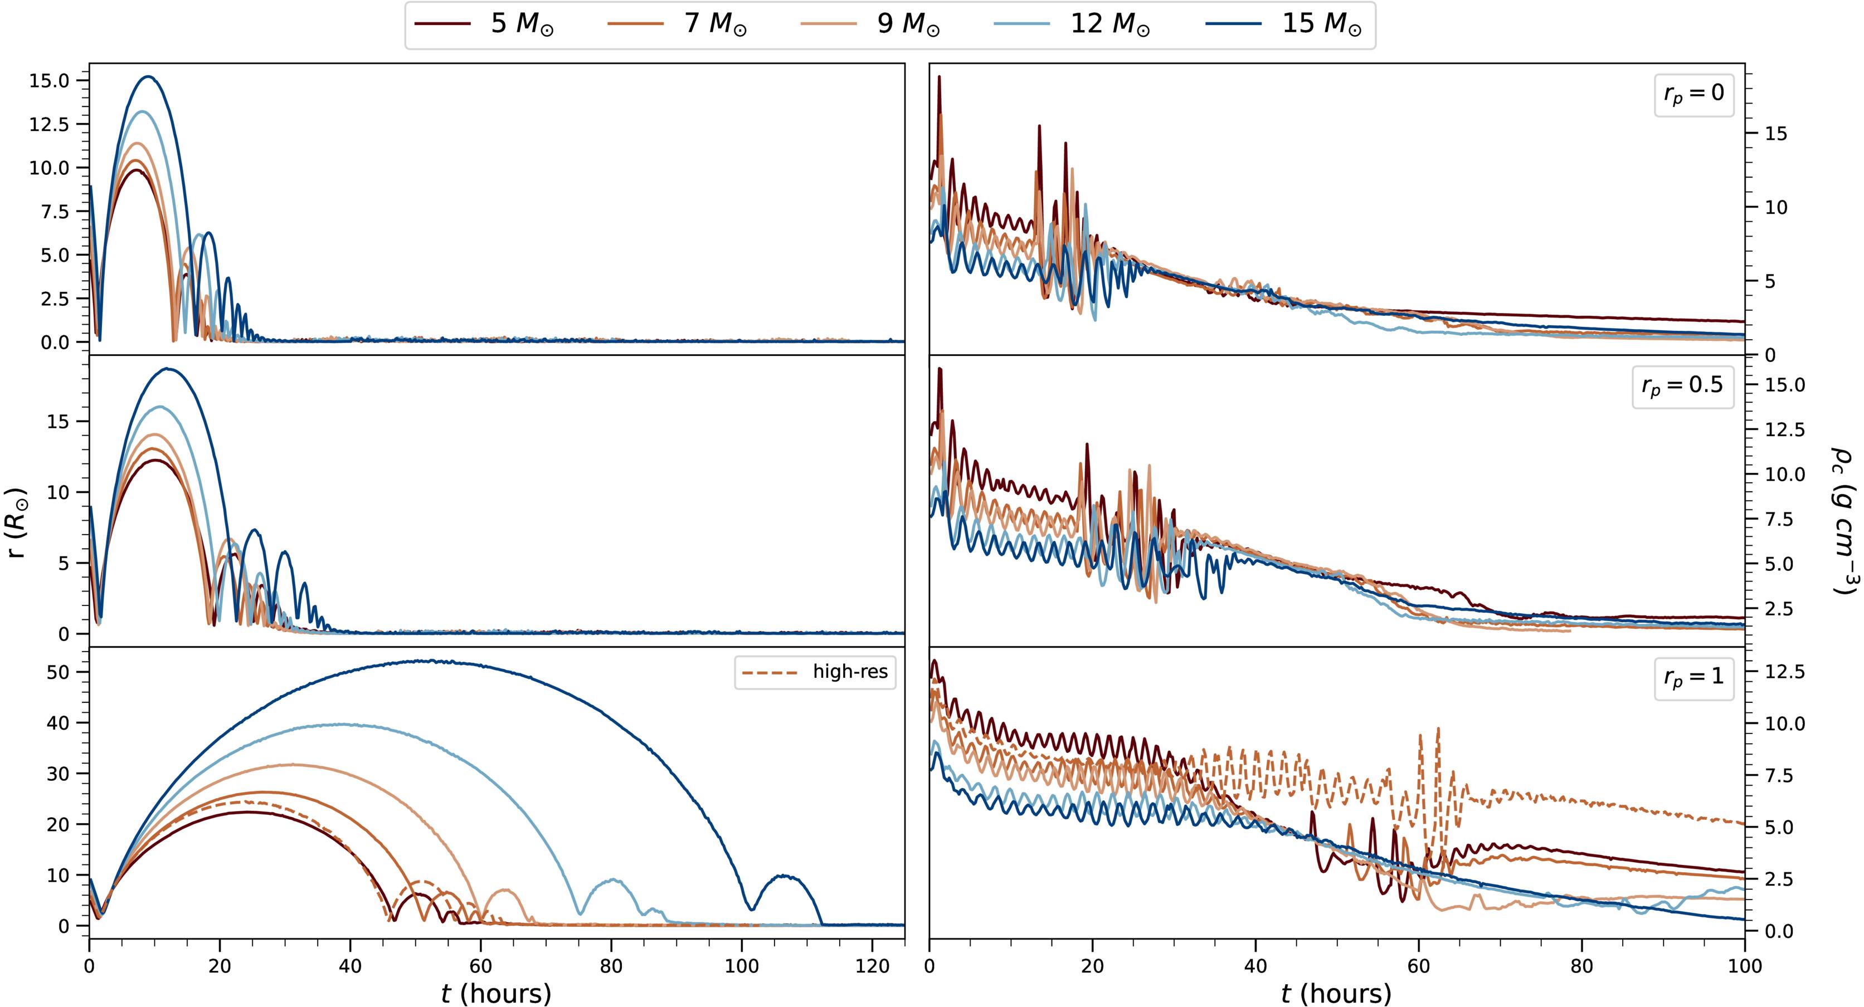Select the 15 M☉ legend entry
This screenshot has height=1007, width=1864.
tap(1284, 24)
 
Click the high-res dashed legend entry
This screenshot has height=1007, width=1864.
tap(815, 672)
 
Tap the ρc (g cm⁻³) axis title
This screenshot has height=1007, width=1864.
tap(1844, 521)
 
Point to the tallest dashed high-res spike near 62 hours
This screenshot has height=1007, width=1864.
tap(1438, 729)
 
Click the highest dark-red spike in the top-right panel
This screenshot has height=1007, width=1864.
tap(939, 77)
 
